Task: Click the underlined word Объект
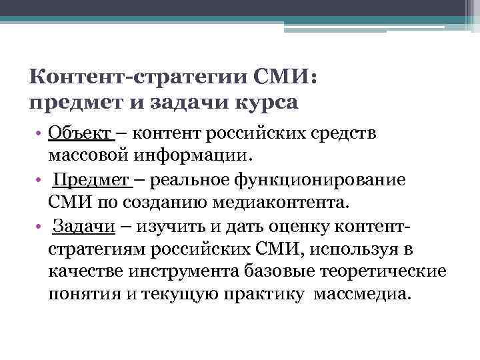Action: [x=81, y=133]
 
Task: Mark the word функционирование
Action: [x=320, y=181]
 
